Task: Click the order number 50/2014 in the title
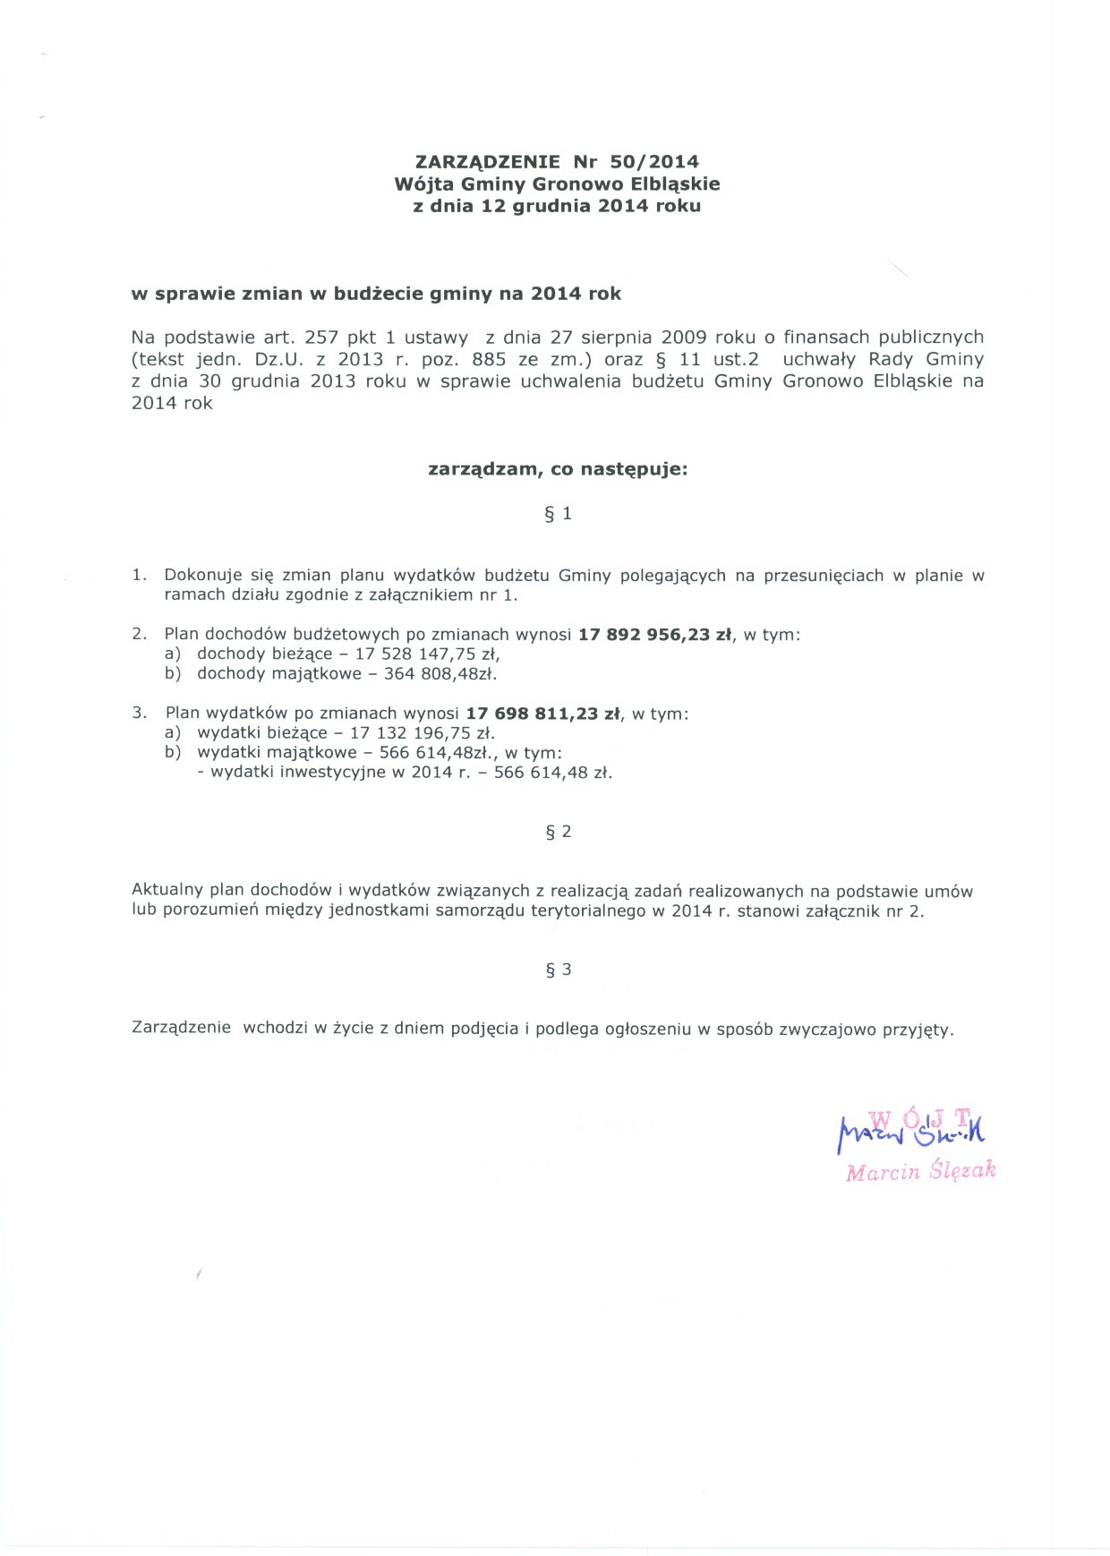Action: (x=653, y=162)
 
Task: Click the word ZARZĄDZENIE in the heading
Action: (x=488, y=162)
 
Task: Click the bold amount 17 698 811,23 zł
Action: (x=543, y=714)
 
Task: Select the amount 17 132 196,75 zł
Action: (x=422, y=733)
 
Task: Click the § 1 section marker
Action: (x=558, y=514)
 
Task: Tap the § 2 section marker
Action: (x=558, y=832)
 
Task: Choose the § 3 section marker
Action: (x=558, y=970)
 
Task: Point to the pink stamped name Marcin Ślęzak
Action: (x=920, y=1171)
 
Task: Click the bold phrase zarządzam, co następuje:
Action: (x=558, y=469)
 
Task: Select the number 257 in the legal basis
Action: (x=321, y=338)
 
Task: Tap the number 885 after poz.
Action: (x=488, y=360)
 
